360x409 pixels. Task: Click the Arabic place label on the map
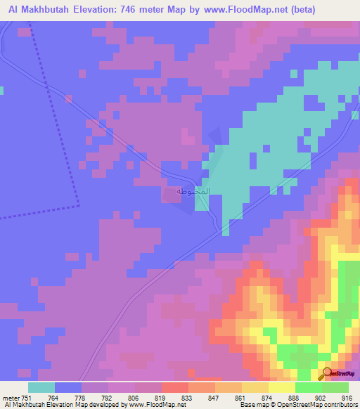coord(191,191)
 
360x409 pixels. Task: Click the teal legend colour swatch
coord(41,387)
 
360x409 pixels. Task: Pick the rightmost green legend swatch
coord(335,387)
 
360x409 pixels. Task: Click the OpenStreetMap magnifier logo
coord(326,373)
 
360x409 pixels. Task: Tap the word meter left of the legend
coord(11,397)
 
